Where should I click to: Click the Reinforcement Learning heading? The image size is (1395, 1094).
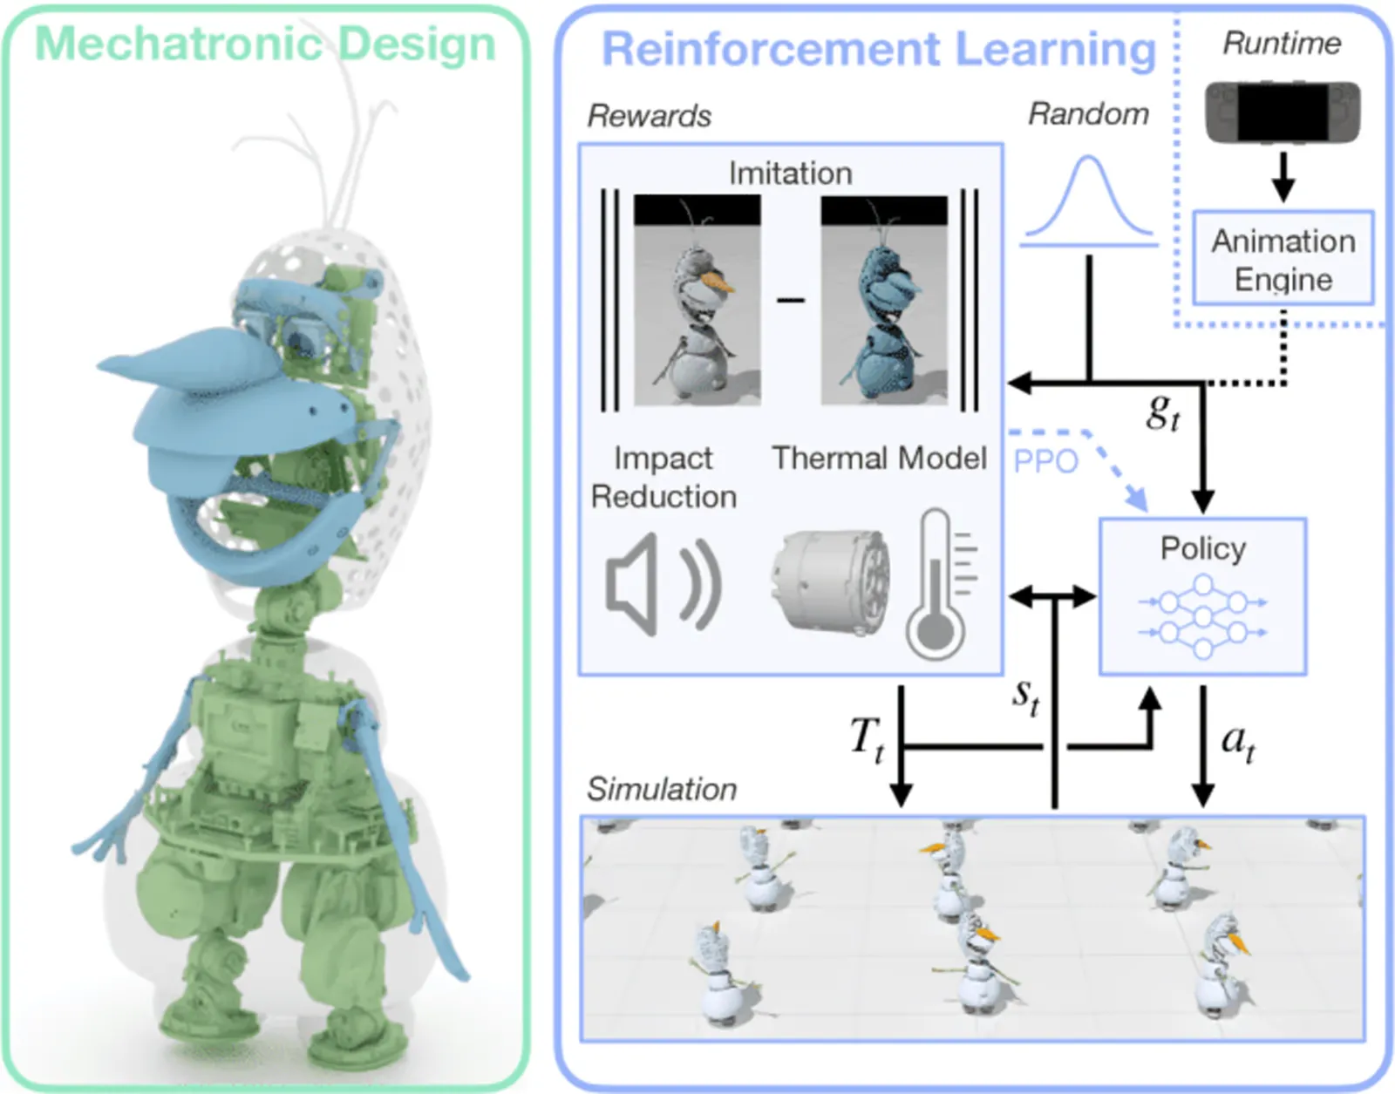point(879,49)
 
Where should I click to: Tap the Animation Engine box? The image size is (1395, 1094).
point(1283,259)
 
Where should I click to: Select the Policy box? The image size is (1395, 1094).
point(1202,596)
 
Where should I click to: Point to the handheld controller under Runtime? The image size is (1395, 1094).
point(1283,112)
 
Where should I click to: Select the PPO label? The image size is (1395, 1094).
point(1045,461)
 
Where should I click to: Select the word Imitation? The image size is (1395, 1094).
point(790,173)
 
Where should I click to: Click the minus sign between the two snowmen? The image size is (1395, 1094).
point(791,301)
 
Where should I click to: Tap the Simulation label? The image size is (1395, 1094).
point(662,789)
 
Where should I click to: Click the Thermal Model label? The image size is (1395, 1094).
point(879,458)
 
